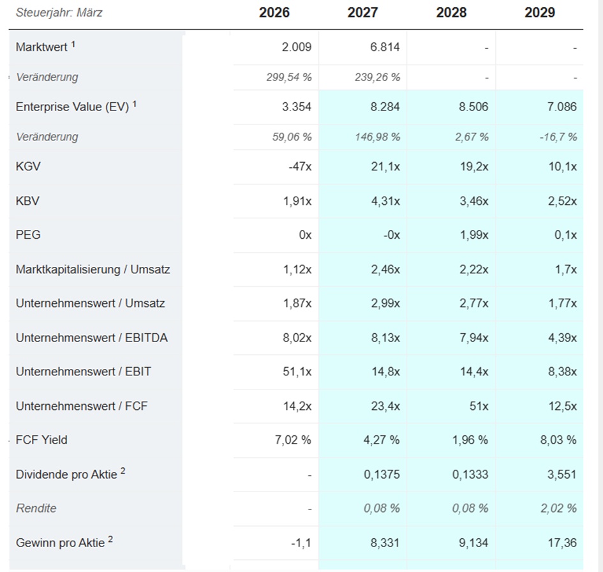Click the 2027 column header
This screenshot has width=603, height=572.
pos(362,13)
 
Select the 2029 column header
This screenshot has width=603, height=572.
pos(540,13)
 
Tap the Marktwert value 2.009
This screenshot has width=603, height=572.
pos(297,47)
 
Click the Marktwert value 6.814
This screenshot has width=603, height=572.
pos(385,47)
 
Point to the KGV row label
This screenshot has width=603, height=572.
pos(28,167)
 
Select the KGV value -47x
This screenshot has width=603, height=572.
pos(300,167)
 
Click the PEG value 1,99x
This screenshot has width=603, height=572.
pos(474,235)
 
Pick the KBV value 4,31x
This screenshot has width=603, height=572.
pos(385,201)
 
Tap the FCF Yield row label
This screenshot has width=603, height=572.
pos(41,440)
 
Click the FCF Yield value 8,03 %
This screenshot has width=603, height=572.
pos(558,440)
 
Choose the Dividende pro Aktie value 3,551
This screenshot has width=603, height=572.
pos(562,474)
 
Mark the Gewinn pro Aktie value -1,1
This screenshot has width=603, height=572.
pos(301,543)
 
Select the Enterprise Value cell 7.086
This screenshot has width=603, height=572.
pos(562,107)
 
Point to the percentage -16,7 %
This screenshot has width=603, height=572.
pos(558,137)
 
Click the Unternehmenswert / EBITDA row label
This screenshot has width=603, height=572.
pos(91,338)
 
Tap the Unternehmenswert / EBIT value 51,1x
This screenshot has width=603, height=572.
pos(297,372)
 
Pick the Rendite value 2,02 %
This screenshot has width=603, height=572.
pos(558,509)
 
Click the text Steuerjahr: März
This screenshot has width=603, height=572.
pos(59,13)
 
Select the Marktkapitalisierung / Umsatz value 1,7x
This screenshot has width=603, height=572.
pos(566,269)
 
